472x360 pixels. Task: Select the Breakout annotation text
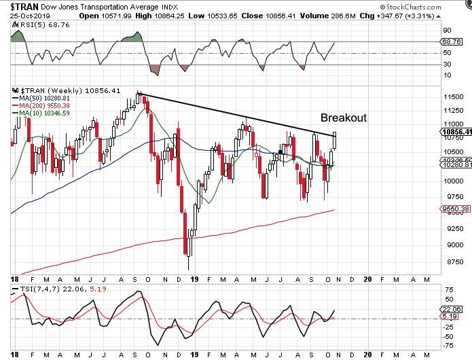click(344, 118)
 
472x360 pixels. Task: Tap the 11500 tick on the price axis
click(452, 96)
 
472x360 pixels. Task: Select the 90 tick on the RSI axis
click(448, 29)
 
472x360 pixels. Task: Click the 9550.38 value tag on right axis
click(455, 210)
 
